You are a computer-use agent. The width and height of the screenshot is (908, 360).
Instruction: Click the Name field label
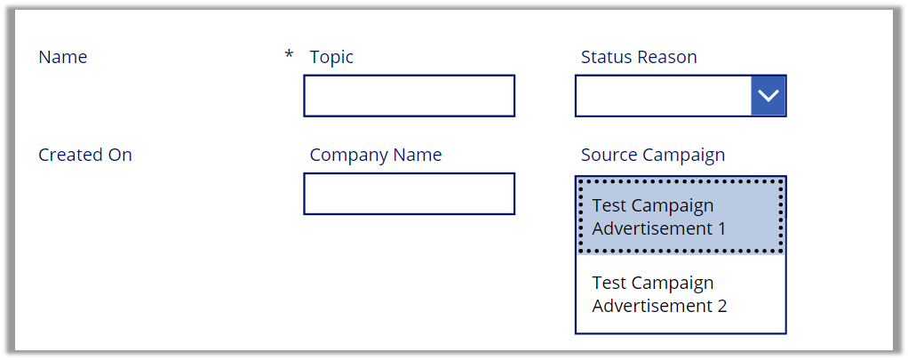(x=62, y=57)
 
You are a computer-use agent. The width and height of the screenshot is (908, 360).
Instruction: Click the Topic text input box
(x=409, y=96)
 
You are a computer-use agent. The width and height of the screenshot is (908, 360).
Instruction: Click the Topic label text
(x=331, y=58)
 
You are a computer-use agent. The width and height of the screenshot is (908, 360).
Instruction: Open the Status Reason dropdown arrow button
(x=768, y=96)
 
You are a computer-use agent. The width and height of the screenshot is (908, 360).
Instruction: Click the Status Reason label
(x=639, y=57)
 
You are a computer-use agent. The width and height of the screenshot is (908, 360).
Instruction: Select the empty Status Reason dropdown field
(x=663, y=96)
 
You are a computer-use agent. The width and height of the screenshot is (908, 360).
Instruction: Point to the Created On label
(x=85, y=155)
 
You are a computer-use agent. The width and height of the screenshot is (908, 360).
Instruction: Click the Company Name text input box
(x=409, y=194)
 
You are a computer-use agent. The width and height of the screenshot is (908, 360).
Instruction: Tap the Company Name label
(x=376, y=156)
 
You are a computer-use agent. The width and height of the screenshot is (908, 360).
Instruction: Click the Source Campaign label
(x=653, y=156)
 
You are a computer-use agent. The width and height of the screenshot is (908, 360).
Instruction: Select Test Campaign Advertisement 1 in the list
(x=681, y=216)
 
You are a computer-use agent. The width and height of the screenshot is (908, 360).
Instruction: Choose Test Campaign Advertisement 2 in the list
(x=681, y=294)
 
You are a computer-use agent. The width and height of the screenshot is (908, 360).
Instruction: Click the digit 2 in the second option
(x=721, y=306)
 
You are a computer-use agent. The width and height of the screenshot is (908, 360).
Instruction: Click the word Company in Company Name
(x=349, y=156)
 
